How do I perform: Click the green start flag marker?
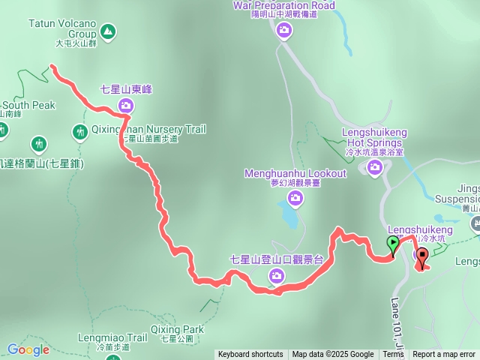coord(391,244)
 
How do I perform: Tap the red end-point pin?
coord(421,257)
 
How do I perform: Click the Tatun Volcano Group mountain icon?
coord(107,31)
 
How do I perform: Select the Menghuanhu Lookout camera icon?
coord(296,197)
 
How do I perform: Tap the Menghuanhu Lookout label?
coord(296,174)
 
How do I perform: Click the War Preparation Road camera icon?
coord(284,30)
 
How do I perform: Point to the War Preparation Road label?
coord(284,5)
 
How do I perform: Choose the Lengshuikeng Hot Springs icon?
coord(374,168)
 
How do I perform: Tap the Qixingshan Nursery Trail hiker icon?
coord(80,133)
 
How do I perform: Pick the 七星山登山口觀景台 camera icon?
coord(277,277)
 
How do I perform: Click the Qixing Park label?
coord(176,329)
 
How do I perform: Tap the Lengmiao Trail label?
coord(112,338)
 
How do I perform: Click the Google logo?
coord(28,349)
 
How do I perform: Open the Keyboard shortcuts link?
coord(250,355)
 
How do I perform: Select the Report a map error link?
coord(444,355)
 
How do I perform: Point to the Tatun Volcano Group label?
coord(62,28)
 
